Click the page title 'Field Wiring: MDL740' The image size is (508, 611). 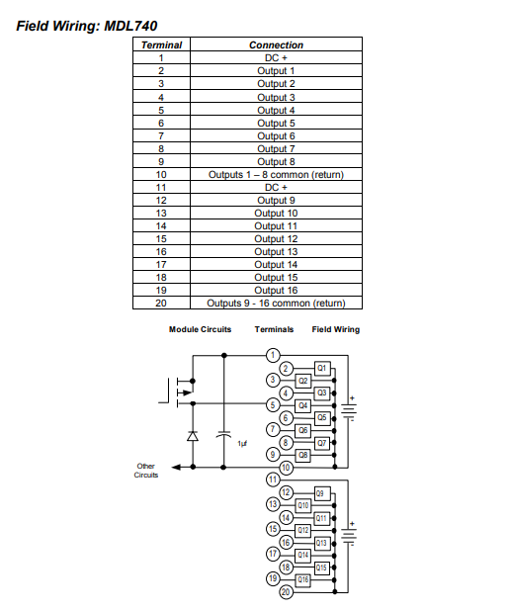click(x=87, y=26)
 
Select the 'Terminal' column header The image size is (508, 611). click(x=161, y=44)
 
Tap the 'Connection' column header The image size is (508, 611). click(x=276, y=44)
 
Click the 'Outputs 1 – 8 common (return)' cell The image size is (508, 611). click(x=276, y=174)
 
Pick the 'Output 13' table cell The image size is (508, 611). click(x=276, y=252)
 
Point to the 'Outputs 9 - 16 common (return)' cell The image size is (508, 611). click(x=276, y=304)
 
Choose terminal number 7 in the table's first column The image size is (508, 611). click(x=161, y=136)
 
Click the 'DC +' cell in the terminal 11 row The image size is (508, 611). click(x=276, y=188)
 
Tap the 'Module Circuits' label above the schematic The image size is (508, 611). click(x=200, y=329)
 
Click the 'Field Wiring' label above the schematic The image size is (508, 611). click(x=335, y=329)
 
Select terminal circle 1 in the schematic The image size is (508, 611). click(x=273, y=355)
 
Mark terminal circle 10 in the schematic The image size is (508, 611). click(x=286, y=468)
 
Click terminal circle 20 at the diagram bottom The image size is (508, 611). click(x=286, y=592)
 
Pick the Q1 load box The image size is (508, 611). click(x=322, y=368)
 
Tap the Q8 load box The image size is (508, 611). click(x=302, y=455)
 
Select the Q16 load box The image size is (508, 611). click(x=303, y=579)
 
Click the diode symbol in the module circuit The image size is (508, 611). click(x=193, y=436)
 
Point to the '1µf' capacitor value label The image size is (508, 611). click(x=242, y=444)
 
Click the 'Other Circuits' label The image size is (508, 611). click(x=146, y=471)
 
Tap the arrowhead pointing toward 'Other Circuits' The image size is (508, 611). click(x=176, y=467)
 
